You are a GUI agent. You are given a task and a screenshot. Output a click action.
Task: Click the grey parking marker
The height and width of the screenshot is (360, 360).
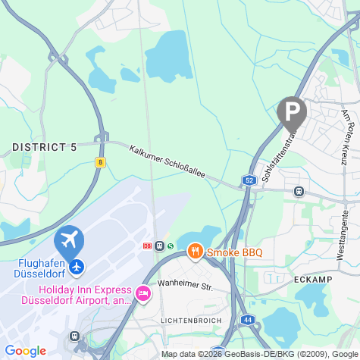tap(292, 112)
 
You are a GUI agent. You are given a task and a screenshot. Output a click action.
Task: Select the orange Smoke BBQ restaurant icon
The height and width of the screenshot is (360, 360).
tap(195, 250)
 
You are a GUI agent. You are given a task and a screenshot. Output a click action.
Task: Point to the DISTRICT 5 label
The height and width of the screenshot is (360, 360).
tap(45, 147)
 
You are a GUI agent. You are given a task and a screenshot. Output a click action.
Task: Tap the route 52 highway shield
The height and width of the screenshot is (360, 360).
tap(249, 180)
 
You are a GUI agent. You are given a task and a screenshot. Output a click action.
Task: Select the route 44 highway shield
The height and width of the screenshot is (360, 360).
tap(248, 320)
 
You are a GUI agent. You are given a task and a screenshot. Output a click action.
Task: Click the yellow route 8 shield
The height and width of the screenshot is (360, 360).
tap(100, 161)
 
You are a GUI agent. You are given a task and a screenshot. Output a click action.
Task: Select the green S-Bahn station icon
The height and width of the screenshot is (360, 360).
tap(171, 246)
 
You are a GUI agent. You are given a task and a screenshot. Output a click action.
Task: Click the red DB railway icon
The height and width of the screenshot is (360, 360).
tap(147, 246)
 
